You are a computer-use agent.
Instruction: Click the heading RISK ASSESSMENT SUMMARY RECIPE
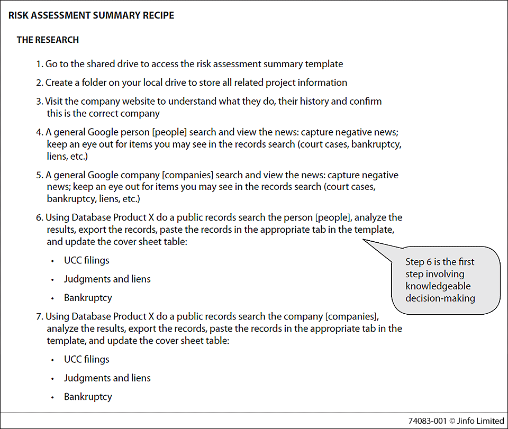(x=91, y=15)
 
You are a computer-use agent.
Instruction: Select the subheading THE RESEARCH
(x=48, y=40)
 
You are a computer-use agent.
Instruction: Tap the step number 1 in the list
(x=39, y=64)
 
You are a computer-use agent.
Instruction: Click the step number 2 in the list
(x=39, y=83)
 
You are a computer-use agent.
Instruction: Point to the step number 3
(x=39, y=101)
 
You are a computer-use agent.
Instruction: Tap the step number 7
(x=39, y=317)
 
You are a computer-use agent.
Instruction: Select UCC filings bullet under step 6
(x=87, y=260)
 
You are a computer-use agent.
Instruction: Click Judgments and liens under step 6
(x=107, y=279)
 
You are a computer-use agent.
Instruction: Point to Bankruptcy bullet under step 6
(x=88, y=297)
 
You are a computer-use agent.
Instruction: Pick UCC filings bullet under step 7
(x=87, y=359)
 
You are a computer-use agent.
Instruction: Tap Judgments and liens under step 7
(x=107, y=378)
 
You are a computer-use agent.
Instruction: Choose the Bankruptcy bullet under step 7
(x=88, y=396)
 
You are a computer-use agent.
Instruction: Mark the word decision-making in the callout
(x=440, y=298)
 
